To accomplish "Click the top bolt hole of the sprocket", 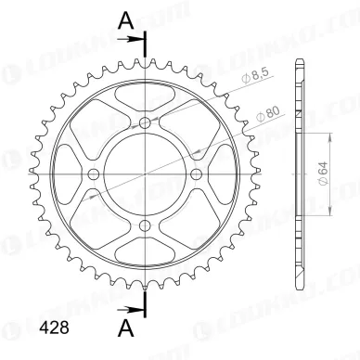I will coord(147,122).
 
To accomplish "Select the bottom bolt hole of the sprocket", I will coord(147,223).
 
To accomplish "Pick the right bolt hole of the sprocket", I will coord(197,173).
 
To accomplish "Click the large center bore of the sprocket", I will coord(147,173).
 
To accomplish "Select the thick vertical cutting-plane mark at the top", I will coord(147,46).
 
